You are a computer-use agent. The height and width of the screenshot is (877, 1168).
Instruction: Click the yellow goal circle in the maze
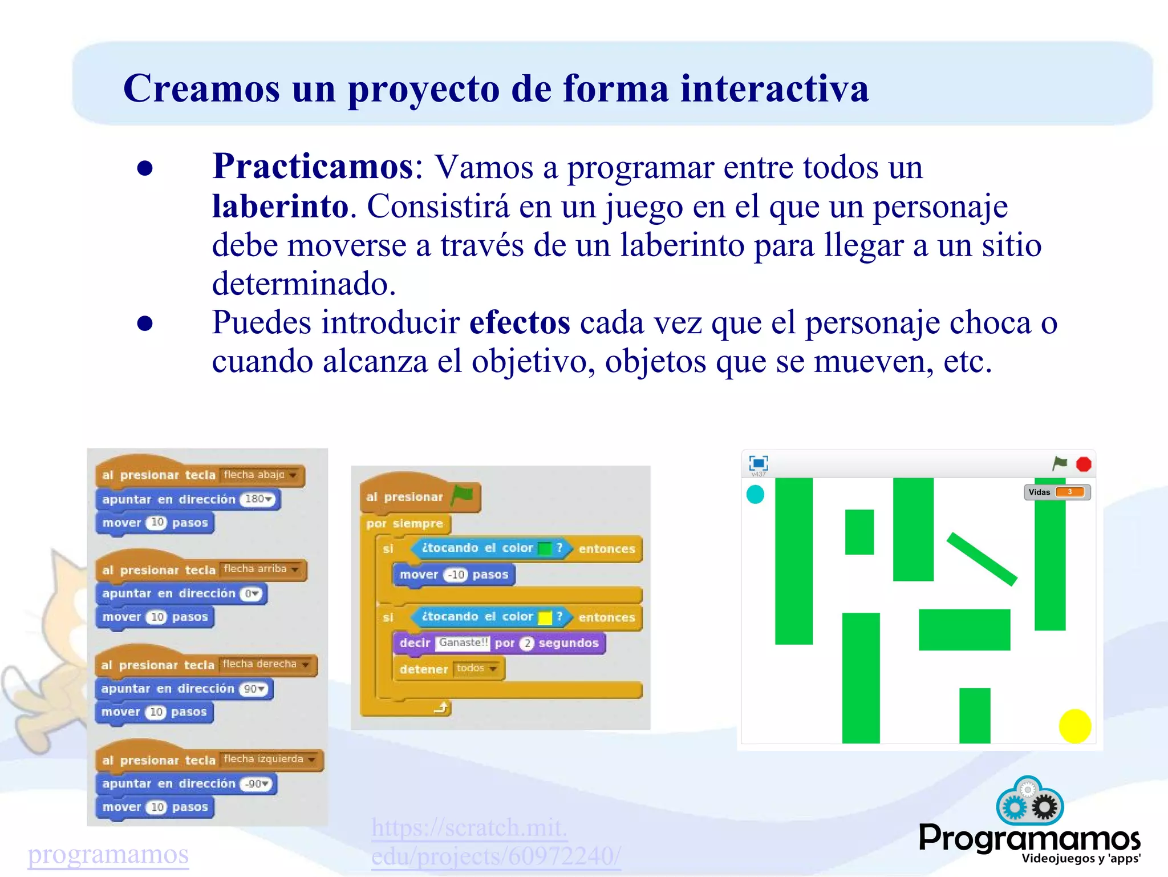[x=1074, y=726]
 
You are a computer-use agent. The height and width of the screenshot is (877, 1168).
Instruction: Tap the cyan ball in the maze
[x=755, y=494]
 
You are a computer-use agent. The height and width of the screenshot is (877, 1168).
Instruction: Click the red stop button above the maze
[x=1084, y=464]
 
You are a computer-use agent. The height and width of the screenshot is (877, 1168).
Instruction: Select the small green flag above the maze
[x=1060, y=463]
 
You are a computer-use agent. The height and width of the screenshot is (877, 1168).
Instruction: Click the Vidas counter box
[x=1057, y=492]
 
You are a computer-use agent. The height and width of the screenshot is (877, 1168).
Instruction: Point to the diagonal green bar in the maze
[x=982, y=559]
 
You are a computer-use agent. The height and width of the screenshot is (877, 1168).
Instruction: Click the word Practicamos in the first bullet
[x=313, y=167]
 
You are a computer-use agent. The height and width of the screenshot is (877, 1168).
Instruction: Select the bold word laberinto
[x=280, y=206]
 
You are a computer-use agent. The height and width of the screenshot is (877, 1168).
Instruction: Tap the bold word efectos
[x=519, y=322]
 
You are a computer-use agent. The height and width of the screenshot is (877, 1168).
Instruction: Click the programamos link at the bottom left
[x=108, y=854]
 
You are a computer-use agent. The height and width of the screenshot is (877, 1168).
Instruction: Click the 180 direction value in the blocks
[x=258, y=499]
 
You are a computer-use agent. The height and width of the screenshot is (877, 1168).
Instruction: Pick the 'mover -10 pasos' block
[x=453, y=575]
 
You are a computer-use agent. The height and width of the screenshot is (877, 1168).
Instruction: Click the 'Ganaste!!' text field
[x=463, y=642]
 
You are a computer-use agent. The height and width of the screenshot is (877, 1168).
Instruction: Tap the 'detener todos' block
[x=448, y=669]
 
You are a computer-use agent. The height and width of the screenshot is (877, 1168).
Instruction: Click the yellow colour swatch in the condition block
[x=545, y=617]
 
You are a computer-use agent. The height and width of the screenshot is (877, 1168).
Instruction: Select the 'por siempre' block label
[x=404, y=524]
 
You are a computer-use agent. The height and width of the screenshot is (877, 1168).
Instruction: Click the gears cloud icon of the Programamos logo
[x=1029, y=801]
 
